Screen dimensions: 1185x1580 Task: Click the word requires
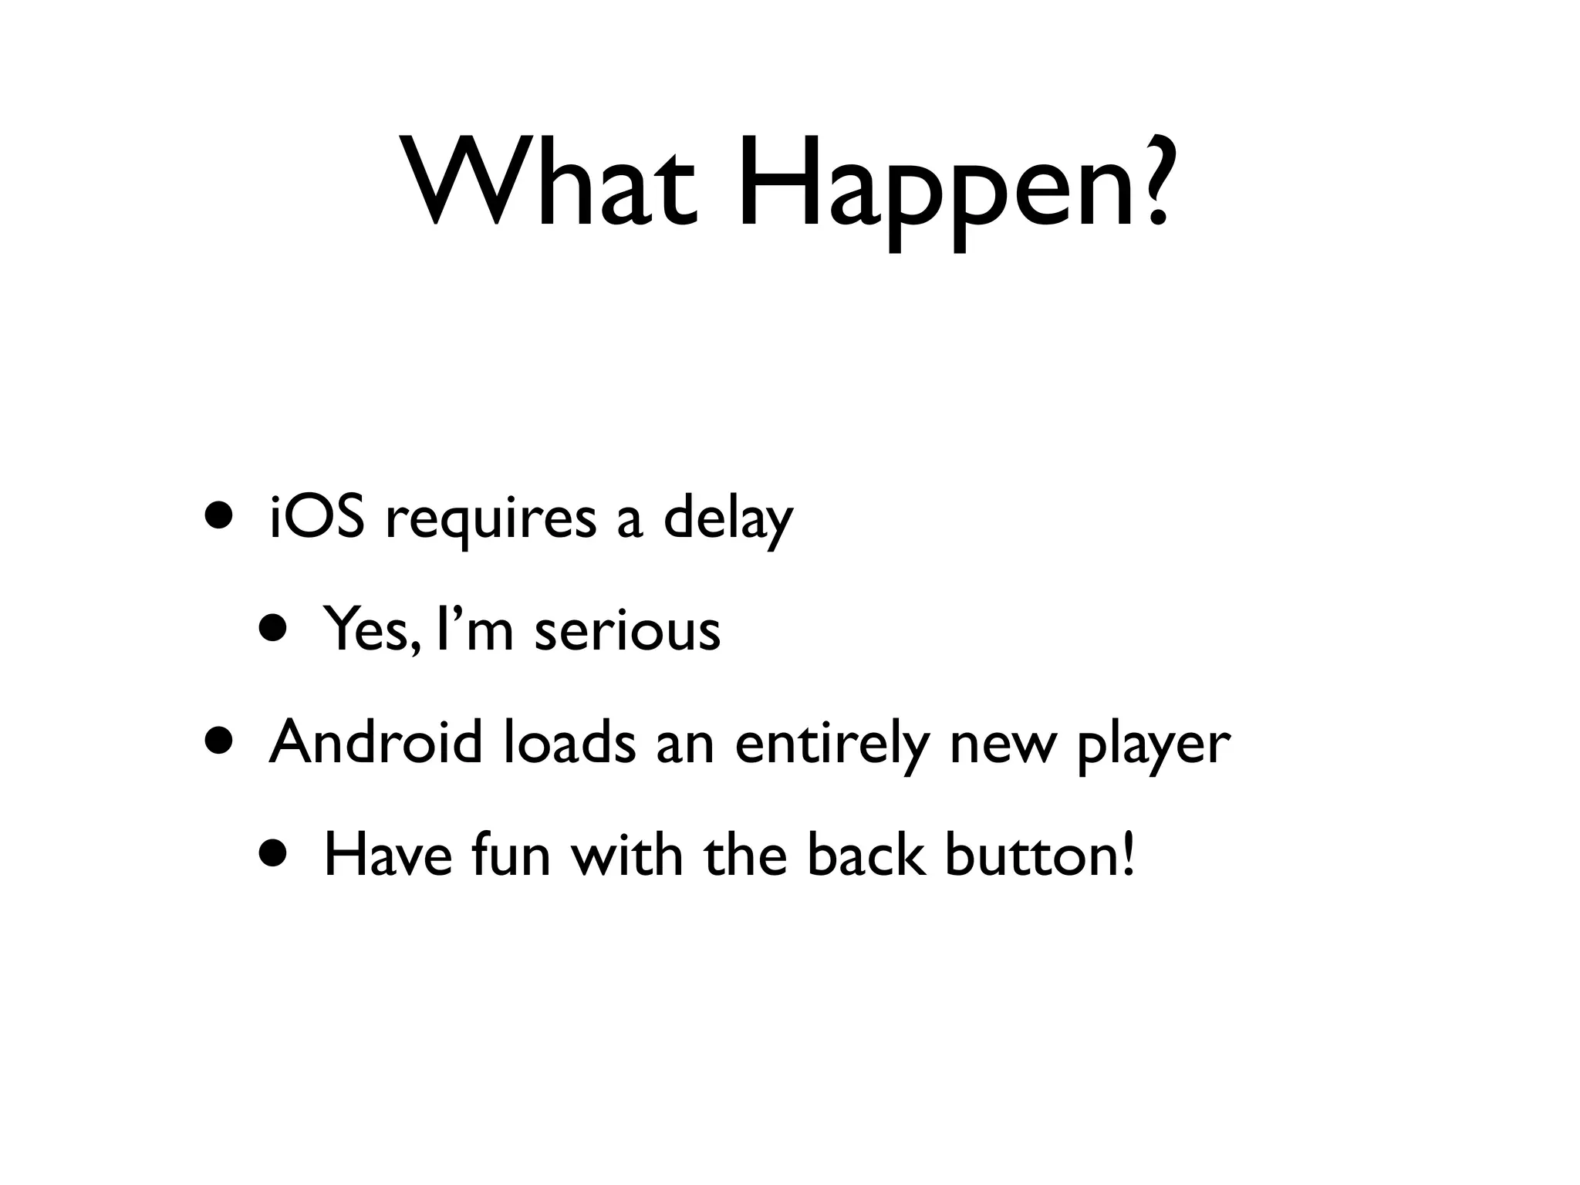(491, 520)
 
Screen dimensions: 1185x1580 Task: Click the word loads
(570, 742)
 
